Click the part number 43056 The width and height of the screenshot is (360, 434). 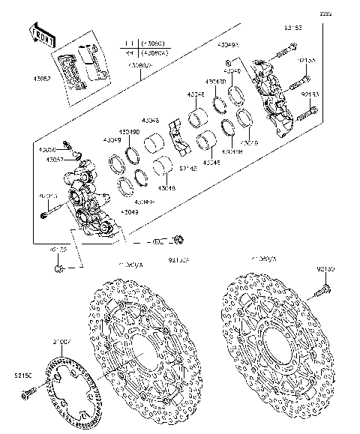49,150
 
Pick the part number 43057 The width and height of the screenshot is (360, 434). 54,160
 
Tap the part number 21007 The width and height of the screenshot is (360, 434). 61,343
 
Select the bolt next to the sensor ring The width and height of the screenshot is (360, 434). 27,392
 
